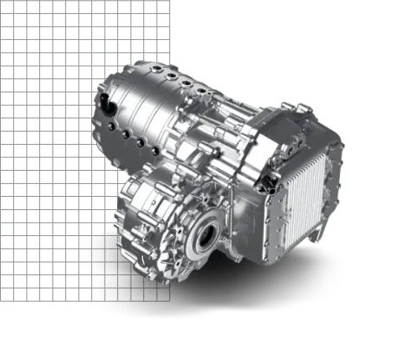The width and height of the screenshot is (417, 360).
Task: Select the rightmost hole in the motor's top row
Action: [x=205, y=89]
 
